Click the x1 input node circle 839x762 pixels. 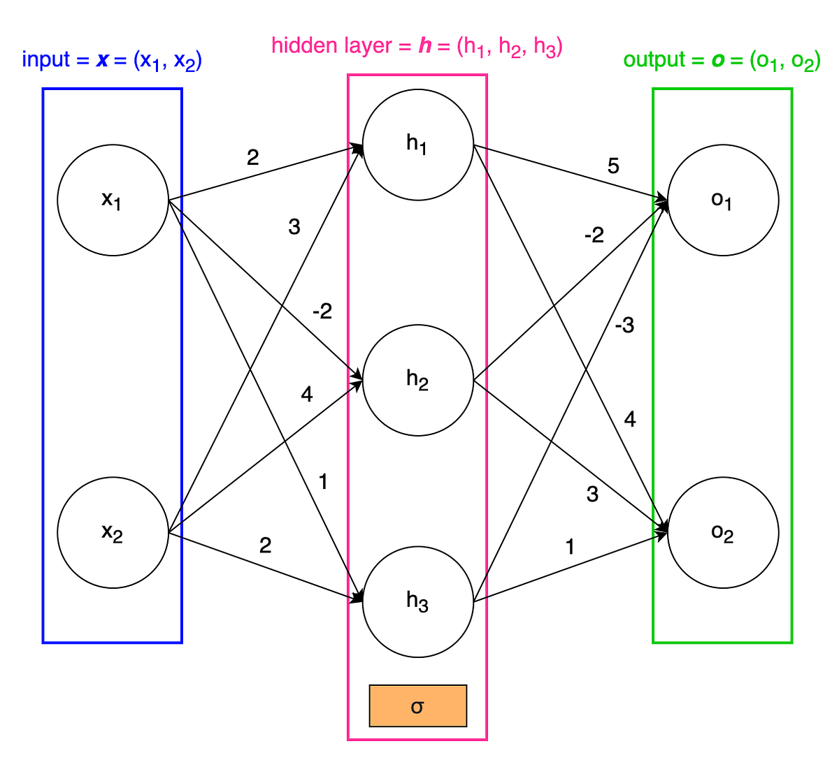coord(113,200)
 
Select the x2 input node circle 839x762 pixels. coord(113,533)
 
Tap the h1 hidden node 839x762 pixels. coord(417,145)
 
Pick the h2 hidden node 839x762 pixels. coord(417,380)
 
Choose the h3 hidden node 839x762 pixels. coord(417,601)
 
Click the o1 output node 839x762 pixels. coord(723,200)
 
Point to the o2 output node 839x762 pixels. coord(723,533)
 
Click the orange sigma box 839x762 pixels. coord(417,706)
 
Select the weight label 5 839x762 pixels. coord(613,166)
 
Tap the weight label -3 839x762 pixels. coord(624,325)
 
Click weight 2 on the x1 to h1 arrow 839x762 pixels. coord(252,158)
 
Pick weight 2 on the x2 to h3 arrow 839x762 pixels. coord(265,545)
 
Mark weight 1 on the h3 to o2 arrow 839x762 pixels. coord(570,547)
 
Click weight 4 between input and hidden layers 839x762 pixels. coord(306,395)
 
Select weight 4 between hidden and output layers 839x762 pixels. coord(629,420)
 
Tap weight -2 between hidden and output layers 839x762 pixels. coord(593,235)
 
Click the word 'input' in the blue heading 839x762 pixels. coord(46,60)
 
